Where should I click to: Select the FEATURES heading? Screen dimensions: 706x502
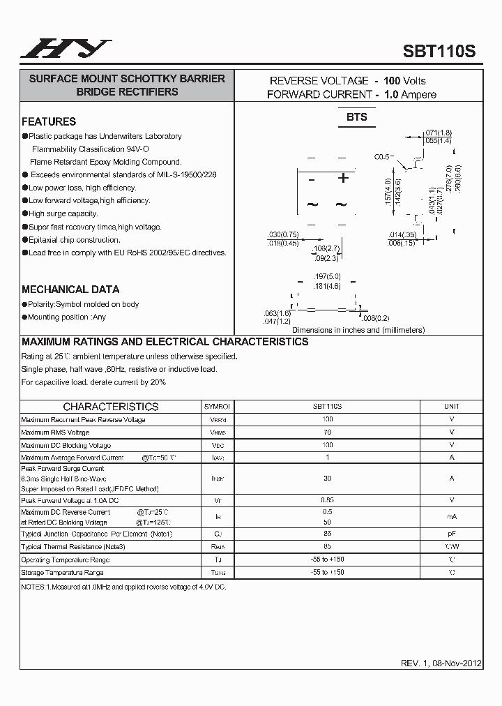tap(49, 121)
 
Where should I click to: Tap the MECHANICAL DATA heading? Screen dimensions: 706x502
tap(70, 289)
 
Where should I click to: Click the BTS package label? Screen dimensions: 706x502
tap(356, 117)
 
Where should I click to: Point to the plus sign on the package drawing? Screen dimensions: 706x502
tap(343, 179)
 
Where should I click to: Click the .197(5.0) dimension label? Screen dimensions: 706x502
tap(327, 277)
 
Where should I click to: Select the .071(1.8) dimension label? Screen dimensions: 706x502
tap(438, 133)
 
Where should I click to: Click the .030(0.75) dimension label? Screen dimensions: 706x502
tap(283, 234)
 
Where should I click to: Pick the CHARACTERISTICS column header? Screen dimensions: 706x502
tap(111, 407)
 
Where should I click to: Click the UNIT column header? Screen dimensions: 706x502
tap(452, 406)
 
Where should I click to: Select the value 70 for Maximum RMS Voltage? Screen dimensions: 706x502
tap(328, 433)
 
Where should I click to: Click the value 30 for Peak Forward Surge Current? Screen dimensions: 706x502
tap(328, 479)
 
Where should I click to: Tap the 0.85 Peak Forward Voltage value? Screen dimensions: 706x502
tap(328, 501)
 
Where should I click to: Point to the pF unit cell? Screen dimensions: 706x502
tap(452, 534)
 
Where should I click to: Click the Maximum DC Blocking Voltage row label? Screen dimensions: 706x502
tap(66, 445)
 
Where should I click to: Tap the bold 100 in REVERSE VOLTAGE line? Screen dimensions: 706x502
tap(392, 81)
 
